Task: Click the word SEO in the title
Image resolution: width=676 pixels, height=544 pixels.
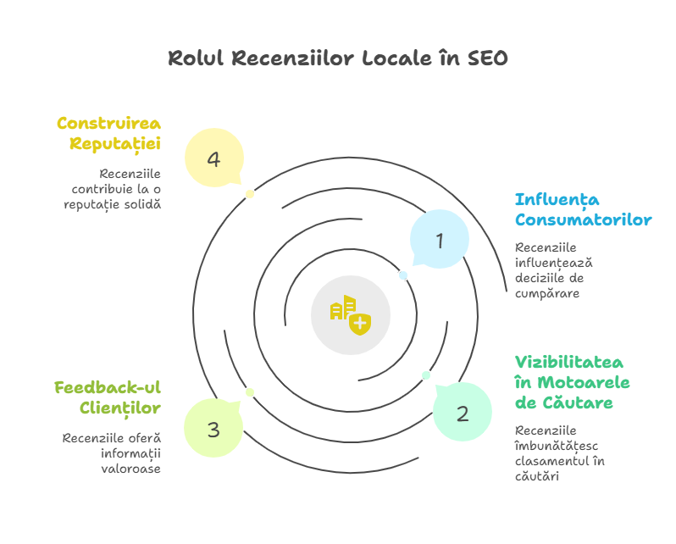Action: tap(488, 58)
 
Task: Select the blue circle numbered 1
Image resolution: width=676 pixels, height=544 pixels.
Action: tap(440, 241)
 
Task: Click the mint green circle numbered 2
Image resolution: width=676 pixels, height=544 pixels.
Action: tap(463, 414)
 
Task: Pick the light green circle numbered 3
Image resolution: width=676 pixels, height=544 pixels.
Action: tap(213, 429)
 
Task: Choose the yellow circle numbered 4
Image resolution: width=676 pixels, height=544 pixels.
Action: tap(213, 158)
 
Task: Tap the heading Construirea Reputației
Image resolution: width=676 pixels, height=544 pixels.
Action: tap(109, 133)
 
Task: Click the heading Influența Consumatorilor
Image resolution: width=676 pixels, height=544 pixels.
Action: tap(583, 209)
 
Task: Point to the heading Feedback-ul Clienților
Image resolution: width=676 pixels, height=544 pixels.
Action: tap(108, 397)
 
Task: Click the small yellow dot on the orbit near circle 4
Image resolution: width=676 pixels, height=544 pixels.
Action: tap(250, 194)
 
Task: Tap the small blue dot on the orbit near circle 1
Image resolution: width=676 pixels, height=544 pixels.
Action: tap(403, 275)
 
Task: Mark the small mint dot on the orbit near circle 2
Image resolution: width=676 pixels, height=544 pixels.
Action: tap(426, 375)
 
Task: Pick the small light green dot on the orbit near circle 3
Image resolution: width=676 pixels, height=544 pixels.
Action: tap(250, 391)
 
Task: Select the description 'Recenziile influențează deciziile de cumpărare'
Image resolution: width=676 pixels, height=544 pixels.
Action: tap(549, 270)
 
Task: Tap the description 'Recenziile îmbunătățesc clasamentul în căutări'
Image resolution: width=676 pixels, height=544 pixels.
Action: tap(559, 453)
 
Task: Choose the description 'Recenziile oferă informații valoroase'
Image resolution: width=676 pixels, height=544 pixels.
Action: tap(112, 452)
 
